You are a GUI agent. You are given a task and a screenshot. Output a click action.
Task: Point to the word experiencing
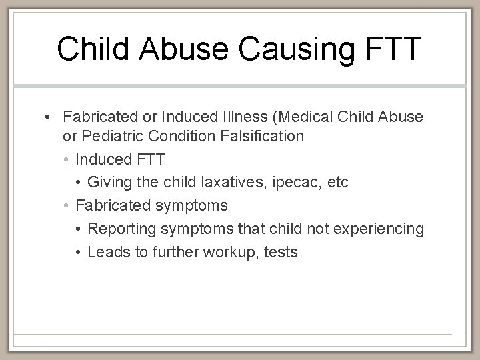pyautogui.click(x=383, y=229)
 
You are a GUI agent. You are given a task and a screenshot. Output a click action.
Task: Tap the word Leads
pyautogui.click(x=107, y=252)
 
